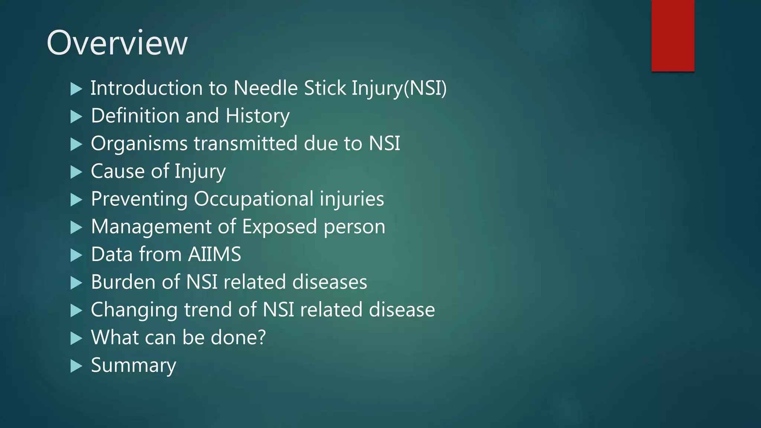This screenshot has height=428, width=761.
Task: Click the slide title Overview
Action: pos(117,43)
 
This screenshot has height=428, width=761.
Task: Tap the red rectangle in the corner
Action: pos(673,36)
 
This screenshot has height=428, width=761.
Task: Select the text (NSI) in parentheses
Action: pos(425,88)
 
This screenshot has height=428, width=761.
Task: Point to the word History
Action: pos(257,116)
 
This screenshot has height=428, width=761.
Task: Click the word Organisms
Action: pos(139,144)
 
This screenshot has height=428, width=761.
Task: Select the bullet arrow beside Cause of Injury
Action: pos(76,172)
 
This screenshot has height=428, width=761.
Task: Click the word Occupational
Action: pos(254,199)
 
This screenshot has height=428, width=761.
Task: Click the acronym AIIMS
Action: pos(214,254)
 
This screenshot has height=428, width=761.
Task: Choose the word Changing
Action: pos(134,310)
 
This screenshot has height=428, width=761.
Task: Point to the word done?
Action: pos(238,337)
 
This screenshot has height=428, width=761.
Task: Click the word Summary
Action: pos(133,366)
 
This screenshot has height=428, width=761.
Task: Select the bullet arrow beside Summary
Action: pos(76,366)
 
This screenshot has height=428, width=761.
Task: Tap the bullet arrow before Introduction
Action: pos(76,89)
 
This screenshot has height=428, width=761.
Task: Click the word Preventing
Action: pos(139,199)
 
